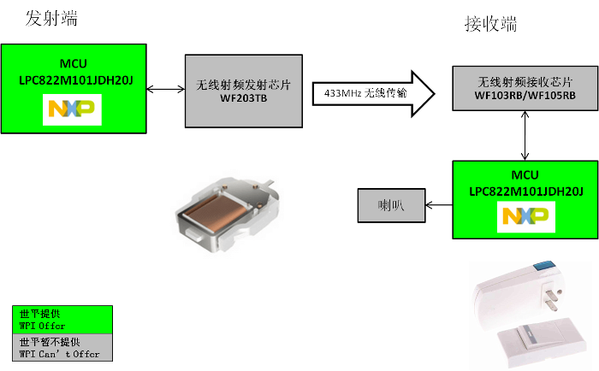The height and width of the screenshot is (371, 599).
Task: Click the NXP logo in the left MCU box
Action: click(x=73, y=109)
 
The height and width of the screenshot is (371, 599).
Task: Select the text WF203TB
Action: click(x=244, y=98)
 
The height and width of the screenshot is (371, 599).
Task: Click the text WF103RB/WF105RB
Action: click(x=525, y=96)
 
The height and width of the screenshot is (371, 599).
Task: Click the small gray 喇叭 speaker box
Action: click(x=391, y=205)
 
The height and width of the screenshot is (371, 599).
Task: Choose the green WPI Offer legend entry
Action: click(x=62, y=320)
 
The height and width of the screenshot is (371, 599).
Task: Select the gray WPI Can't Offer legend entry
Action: click(x=62, y=347)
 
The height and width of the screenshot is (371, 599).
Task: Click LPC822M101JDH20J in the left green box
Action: click(x=74, y=79)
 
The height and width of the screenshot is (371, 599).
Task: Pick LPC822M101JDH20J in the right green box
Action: click(x=526, y=189)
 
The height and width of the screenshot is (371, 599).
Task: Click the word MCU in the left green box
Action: click(x=74, y=64)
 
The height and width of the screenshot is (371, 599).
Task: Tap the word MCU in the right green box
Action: click(x=525, y=174)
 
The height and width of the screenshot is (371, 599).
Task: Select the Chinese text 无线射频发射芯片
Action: click(x=244, y=85)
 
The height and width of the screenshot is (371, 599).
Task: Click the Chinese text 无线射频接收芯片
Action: click(x=525, y=82)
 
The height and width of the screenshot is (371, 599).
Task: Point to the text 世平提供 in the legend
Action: click(x=38, y=314)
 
